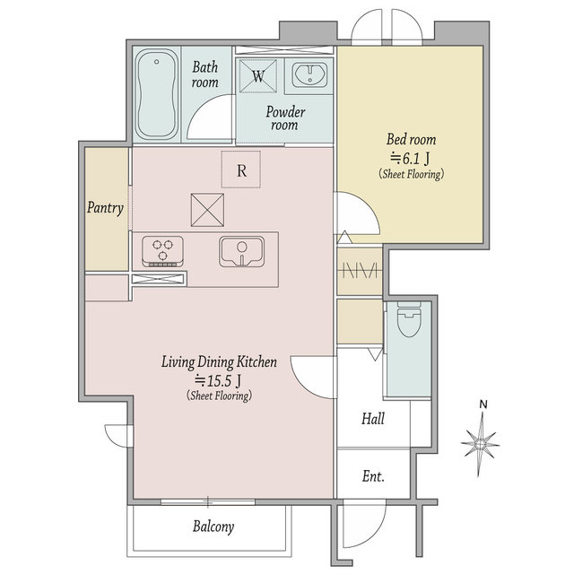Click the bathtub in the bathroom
[x=157, y=94]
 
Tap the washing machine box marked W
[x=258, y=75]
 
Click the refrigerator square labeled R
[x=241, y=170]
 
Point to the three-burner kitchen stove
[x=163, y=251]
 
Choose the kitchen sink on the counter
[x=241, y=252]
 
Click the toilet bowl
[x=409, y=319]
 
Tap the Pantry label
[x=105, y=207]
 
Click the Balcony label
[x=213, y=526]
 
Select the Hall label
[x=373, y=419]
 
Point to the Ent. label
[x=373, y=476]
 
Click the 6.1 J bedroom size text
[x=411, y=158]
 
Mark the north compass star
[x=481, y=444]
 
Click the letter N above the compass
[x=483, y=404]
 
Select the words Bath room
[x=205, y=74]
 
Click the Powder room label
[x=285, y=118]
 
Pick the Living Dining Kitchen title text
[x=219, y=361]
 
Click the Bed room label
[x=411, y=139]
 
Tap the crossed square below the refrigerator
[x=207, y=210]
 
